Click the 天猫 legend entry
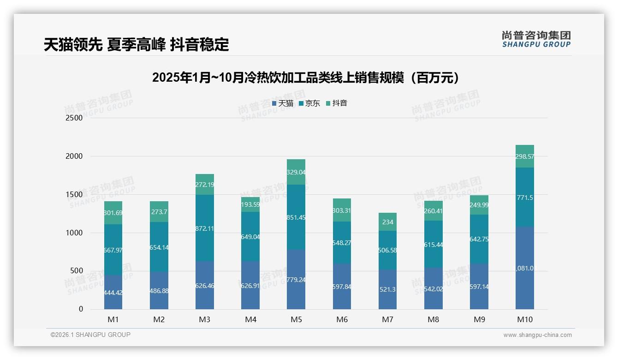click(283, 103)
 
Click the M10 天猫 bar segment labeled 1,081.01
click(525, 268)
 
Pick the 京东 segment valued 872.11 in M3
click(205, 228)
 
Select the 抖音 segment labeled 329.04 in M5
click(296, 172)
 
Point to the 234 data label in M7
click(388, 222)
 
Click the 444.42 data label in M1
click(113, 293)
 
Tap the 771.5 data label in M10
click(525, 198)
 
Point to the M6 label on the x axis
click(342, 319)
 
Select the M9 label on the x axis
click(479, 319)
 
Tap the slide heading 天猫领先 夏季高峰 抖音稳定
click(137, 45)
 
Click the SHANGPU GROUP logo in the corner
click(536, 39)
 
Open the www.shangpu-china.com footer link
click(537, 335)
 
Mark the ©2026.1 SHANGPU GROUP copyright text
click(90, 335)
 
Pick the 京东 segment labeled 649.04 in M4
click(250, 237)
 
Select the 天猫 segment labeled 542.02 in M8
click(434, 288)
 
